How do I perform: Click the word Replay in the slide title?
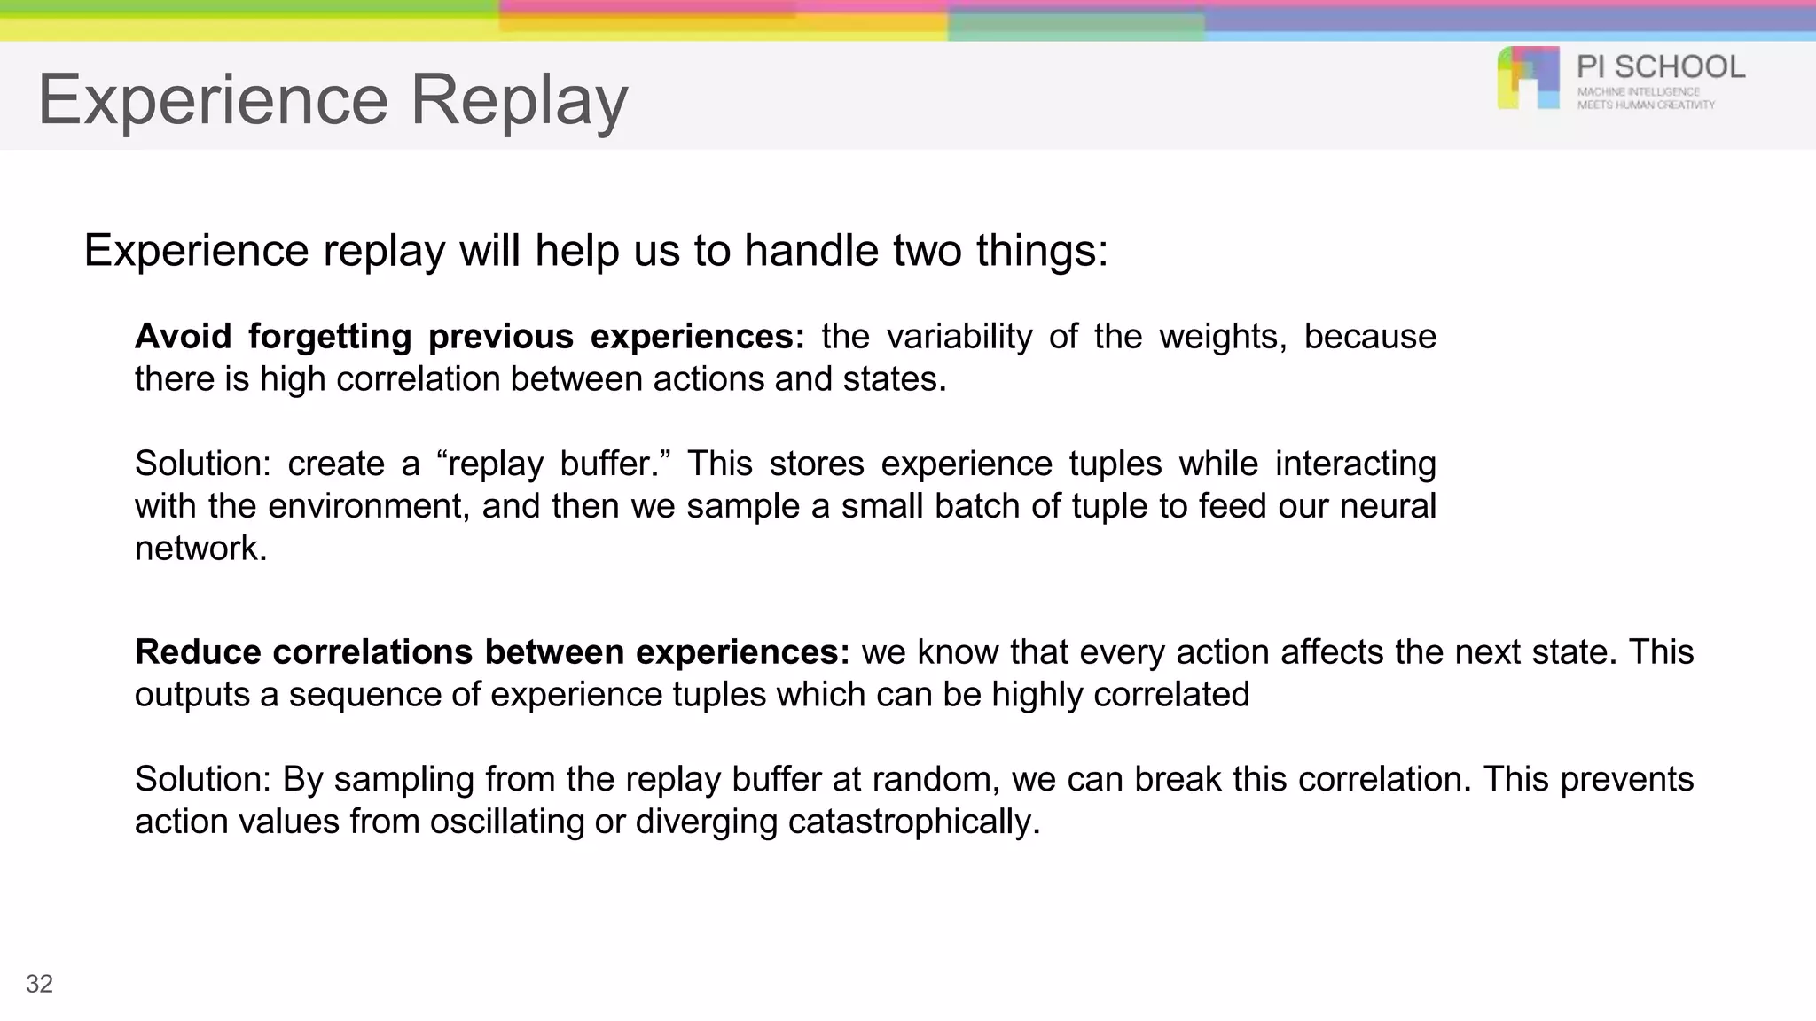pyautogui.click(x=519, y=99)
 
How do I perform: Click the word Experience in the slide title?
pyautogui.click(x=213, y=99)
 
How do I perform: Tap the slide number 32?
pyautogui.click(x=39, y=984)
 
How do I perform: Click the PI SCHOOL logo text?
pyautogui.click(x=1660, y=67)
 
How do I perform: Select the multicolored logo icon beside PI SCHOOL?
pyautogui.click(x=1528, y=78)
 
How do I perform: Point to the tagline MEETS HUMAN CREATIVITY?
pyautogui.click(x=1646, y=105)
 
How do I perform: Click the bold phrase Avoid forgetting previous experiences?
pyautogui.click(x=468, y=337)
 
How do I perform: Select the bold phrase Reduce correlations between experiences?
pyautogui.click(x=492, y=652)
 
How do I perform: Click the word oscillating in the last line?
pyautogui.click(x=507, y=822)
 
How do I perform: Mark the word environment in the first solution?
pyautogui.click(x=368, y=506)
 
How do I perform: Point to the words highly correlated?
pyautogui.click(x=1120, y=695)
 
